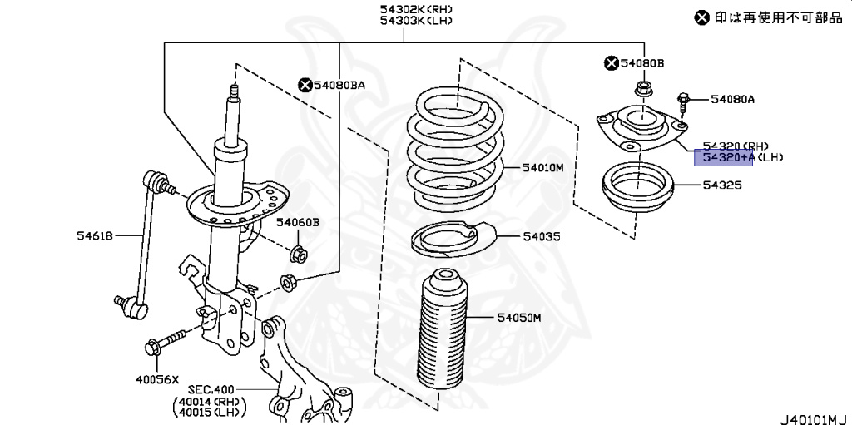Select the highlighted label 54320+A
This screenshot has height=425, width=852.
click(723, 157)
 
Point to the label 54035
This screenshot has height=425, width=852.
click(541, 236)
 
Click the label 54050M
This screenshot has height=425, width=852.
click(519, 318)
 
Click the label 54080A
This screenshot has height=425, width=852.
click(732, 100)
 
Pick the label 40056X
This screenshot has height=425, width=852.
click(156, 379)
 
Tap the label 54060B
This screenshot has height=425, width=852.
click(299, 222)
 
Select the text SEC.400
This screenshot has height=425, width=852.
click(211, 389)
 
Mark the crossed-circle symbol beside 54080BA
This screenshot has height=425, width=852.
click(305, 84)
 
